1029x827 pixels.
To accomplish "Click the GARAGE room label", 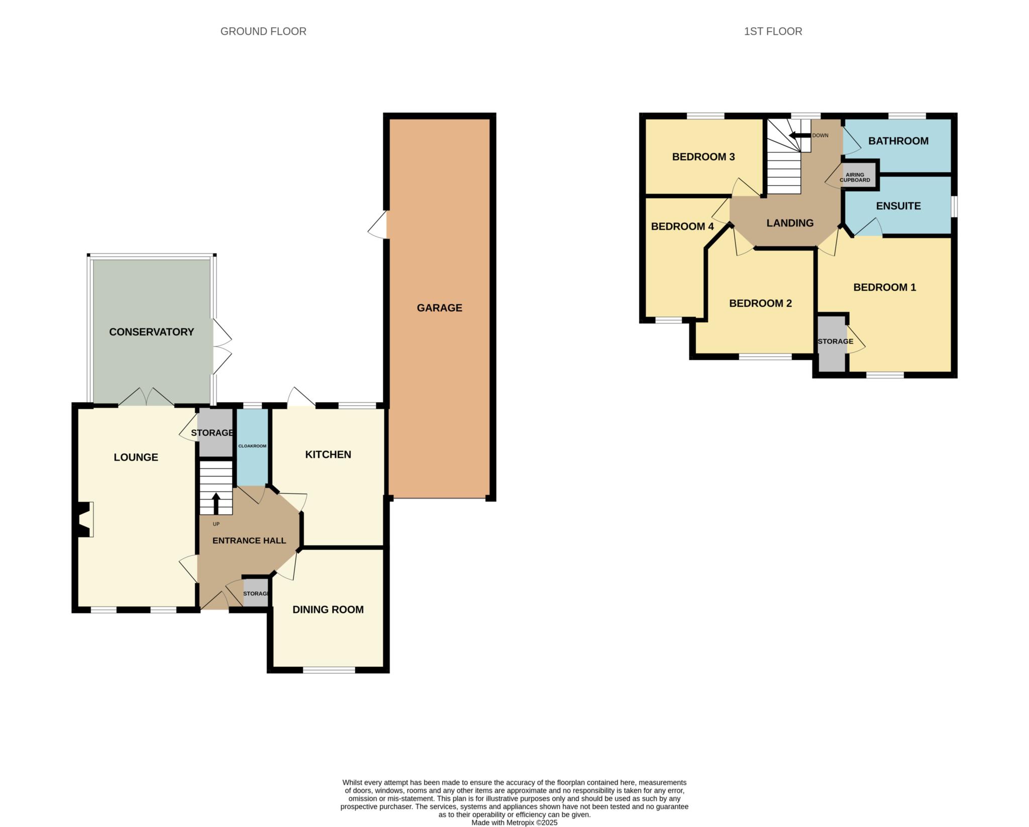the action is (x=439, y=308).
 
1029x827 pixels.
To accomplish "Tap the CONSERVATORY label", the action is (x=151, y=332).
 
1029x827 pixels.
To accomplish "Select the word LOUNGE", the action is (x=136, y=457).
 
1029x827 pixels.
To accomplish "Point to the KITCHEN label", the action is (x=328, y=454).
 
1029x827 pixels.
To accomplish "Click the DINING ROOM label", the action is (x=328, y=610).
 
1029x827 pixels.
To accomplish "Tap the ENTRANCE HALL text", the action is (x=249, y=541).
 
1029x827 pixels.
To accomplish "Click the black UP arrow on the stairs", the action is (x=216, y=504).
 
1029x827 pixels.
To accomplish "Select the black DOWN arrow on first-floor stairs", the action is (x=800, y=135).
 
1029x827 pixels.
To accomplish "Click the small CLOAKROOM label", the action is (x=252, y=446).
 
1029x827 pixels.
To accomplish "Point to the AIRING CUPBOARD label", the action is (x=855, y=177).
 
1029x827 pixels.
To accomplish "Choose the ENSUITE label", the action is (x=898, y=206).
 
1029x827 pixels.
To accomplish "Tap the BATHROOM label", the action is (x=898, y=141).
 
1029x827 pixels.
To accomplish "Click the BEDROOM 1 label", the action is (x=885, y=287).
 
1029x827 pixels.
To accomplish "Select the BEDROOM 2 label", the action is (x=760, y=303).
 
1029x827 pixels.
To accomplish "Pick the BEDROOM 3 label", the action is (x=703, y=157).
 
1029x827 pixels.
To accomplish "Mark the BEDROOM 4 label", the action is (x=682, y=226).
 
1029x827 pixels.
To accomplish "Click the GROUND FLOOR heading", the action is (x=263, y=31).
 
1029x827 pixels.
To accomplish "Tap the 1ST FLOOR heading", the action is (x=773, y=31).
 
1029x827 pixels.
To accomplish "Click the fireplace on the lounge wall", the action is (x=85, y=520).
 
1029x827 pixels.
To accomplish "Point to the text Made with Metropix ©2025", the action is (x=514, y=822).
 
